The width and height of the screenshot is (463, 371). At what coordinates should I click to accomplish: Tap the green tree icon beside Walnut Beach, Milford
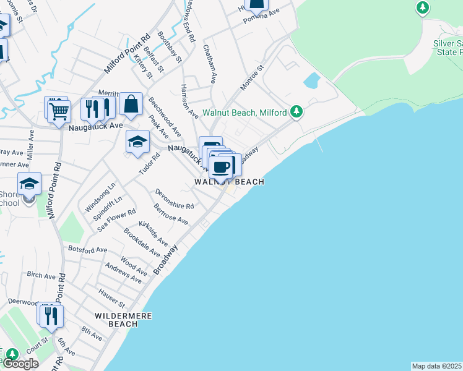point(297,111)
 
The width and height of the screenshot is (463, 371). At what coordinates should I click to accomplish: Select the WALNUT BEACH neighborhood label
point(229,182)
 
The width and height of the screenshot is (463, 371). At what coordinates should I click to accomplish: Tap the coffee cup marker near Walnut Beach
point(222,166)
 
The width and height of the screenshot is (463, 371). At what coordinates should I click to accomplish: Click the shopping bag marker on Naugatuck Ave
point(131,104)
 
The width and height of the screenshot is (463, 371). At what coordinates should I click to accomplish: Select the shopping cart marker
point(59,111)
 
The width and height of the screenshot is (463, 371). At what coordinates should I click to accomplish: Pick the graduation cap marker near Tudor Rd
point(137,142)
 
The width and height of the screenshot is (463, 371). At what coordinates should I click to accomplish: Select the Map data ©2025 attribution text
point(437,366)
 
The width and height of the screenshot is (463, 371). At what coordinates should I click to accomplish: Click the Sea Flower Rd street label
point(116,221)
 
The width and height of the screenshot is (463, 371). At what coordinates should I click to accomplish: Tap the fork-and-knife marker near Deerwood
point(50,316)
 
